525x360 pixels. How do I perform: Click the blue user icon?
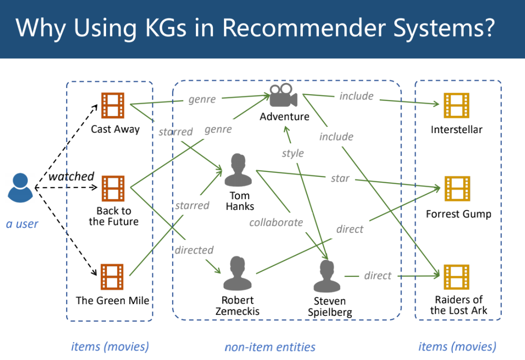(x=20, y=188)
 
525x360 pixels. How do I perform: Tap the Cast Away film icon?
(x=113, y=105)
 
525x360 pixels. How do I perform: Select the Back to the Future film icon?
(x=113, y=189)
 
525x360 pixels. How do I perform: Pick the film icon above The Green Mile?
(x=112, y=276)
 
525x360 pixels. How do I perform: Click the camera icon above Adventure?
(x=283, y=96)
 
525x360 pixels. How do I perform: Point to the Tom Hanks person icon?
(x=238, y=170)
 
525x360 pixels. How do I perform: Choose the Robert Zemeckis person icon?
(x=237, y=274)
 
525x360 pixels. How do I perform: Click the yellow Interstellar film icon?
(x=456, y=105)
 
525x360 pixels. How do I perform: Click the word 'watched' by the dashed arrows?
(x=71, y=176)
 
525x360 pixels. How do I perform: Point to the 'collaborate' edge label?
(x=276, y=223)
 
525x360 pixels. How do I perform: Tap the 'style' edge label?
(x=293, y=154)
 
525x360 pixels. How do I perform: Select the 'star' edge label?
(x=340, y=178)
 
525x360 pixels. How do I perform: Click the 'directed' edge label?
(x=194, y=250)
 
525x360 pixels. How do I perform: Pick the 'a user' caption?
(x=22, y=224)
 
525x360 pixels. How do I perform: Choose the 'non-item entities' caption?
(x=270, y=347)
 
